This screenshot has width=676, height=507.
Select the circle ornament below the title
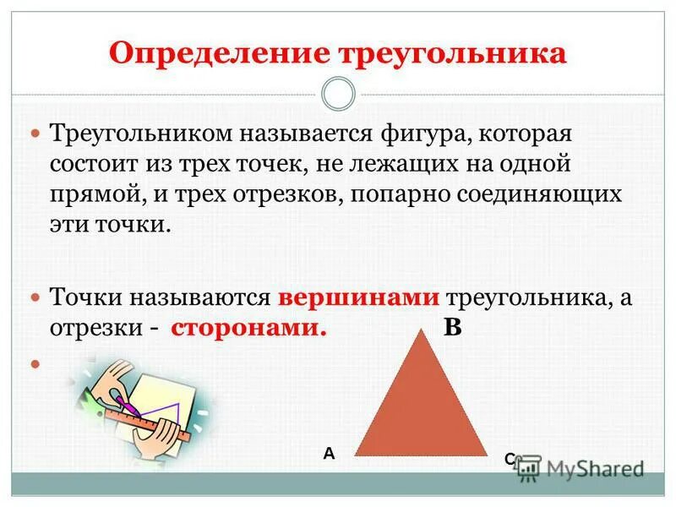point(338,94)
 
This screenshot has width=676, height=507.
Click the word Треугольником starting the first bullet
point(139,133)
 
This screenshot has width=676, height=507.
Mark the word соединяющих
point(534,194)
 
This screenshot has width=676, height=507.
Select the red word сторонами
point(248,329)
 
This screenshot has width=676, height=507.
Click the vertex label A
point(329,454)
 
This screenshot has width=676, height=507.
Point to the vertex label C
point(510,459)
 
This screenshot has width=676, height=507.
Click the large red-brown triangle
point(420,406)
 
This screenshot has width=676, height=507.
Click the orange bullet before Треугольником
point(36,134)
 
